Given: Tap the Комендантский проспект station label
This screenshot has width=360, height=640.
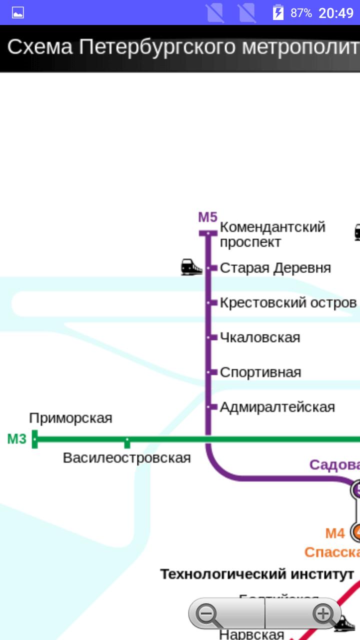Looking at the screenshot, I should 272,234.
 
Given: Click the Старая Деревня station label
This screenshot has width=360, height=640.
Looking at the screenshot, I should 275,268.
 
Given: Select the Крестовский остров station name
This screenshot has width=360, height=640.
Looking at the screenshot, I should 288,303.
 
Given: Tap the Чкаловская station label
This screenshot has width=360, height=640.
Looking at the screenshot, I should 260,337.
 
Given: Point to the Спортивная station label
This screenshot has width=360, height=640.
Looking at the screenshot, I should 260,372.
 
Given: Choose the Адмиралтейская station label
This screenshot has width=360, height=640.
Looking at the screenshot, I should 277,407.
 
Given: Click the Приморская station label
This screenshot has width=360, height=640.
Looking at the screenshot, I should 70,418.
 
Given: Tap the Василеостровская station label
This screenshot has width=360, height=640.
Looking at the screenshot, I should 126,458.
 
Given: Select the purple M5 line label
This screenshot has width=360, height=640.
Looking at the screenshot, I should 208,217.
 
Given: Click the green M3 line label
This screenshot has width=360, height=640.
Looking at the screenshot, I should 16,439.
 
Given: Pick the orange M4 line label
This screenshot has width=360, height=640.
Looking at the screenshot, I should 335,533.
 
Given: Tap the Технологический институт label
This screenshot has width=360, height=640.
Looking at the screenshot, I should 257,574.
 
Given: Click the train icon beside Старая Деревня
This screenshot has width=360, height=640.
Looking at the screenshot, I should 191,267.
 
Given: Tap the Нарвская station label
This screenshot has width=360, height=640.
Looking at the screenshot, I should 251,634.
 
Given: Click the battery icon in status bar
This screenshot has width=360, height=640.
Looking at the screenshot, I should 278,12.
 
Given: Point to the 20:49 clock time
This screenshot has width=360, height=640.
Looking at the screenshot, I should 335,13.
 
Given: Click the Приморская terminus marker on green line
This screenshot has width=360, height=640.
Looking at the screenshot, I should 34,439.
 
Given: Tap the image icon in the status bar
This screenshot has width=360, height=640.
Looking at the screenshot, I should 18,12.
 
